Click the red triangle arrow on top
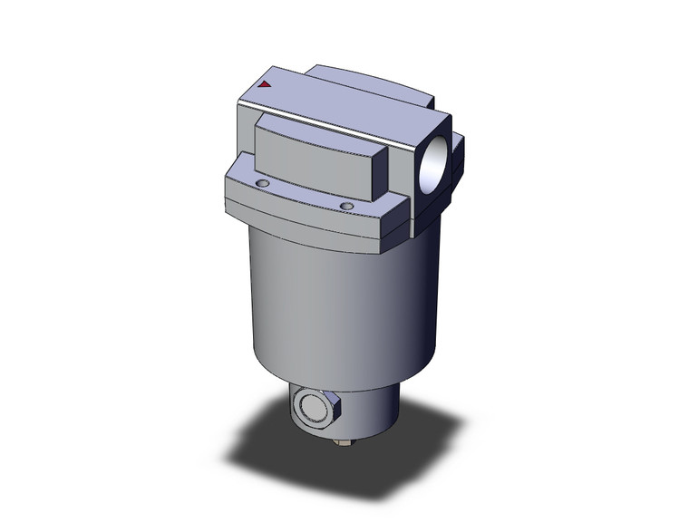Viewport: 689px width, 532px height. click(265, 84)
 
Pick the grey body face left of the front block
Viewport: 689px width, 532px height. click(245, 136)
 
